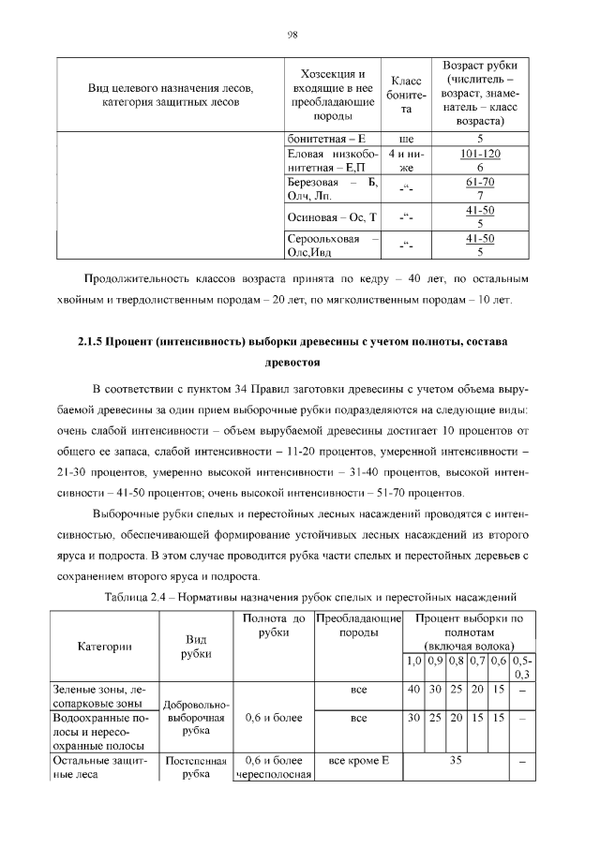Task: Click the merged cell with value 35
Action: click(456, 763)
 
